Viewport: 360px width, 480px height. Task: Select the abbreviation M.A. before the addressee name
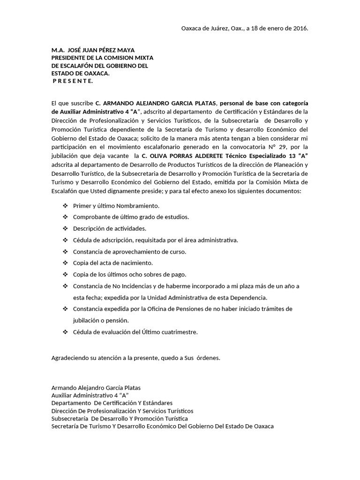coord(58,50)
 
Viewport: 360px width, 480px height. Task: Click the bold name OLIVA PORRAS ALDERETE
coord(180,155)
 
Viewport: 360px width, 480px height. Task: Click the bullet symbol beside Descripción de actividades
coord(65,229)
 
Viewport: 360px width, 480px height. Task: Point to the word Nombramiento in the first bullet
coord(139,206)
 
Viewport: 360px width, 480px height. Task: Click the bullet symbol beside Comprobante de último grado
coord(65,217)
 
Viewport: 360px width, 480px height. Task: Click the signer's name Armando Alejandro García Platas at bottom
coord(96,388)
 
